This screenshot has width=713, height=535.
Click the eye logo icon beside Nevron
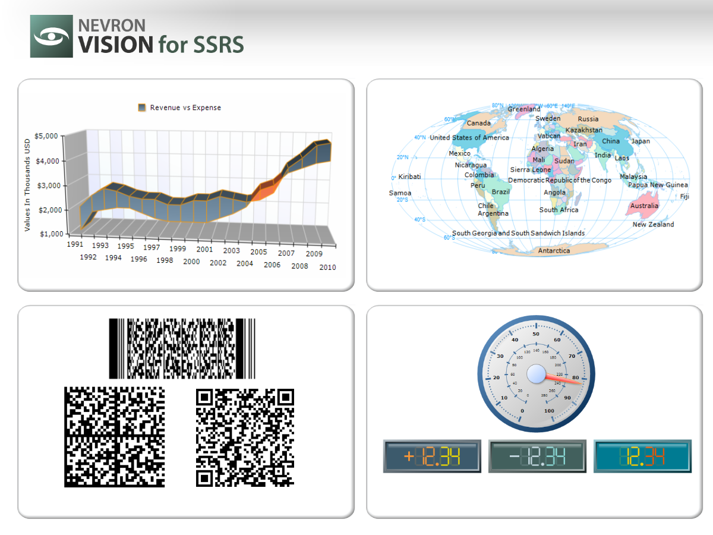tap(52, 36)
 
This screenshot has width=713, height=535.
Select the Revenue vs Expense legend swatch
tap(142, 108)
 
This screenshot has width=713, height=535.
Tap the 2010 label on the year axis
tap(327, 267)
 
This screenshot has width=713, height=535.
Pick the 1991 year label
tap(75, 244)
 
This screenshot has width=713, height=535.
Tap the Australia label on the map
tap(644, 206)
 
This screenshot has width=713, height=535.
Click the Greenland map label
tap(524, 109)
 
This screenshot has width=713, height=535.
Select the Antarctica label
tap(554, 251)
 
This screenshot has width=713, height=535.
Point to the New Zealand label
tap(653, 225)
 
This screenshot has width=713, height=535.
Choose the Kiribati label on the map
tap(410, 177)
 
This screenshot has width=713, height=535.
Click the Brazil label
tap(501, 193)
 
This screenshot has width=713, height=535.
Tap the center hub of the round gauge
tap(536, 374)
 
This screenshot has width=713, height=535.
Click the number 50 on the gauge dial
tap(536, 334)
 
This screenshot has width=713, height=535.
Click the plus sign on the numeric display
tap(409, 457)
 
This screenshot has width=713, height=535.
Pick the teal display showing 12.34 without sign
tap(642, 457)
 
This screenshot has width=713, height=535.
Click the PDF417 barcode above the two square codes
tap(182, 348)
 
